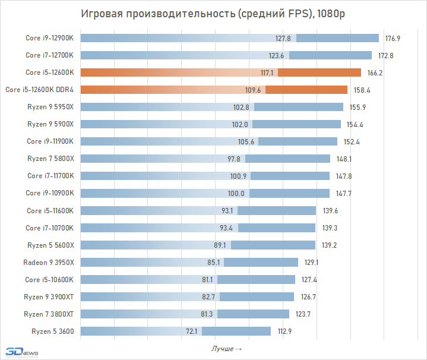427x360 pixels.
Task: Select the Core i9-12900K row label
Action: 50,38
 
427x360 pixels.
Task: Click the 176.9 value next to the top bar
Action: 393,39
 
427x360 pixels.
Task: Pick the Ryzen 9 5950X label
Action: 50,107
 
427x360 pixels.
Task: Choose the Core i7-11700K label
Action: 50,176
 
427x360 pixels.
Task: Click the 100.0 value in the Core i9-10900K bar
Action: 241,193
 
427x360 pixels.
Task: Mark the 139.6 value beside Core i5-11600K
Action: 330,210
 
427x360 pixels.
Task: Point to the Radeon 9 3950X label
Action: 49,262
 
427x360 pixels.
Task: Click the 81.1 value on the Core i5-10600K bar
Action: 208,279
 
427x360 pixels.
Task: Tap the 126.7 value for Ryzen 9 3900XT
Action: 308,296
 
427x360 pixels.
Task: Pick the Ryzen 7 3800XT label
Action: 49,314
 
